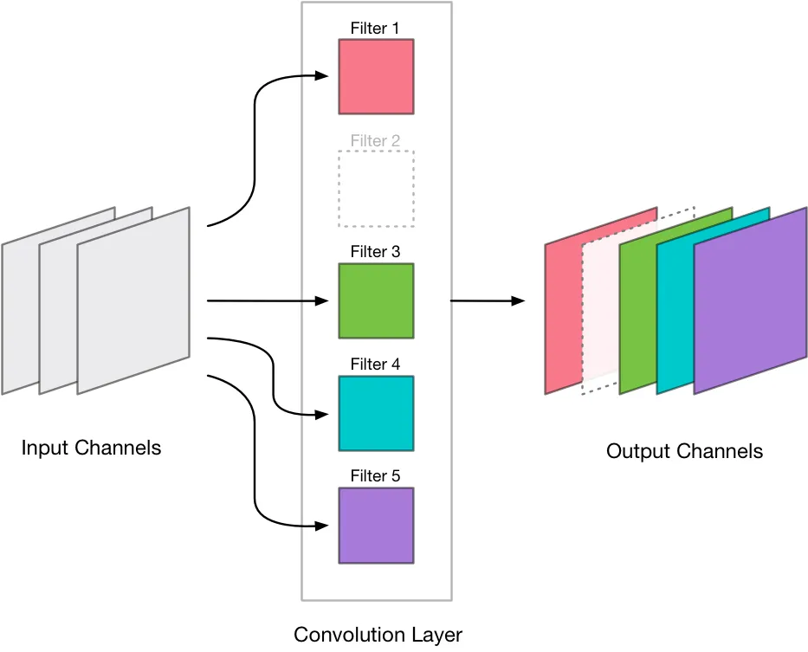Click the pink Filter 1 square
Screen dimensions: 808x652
click(x=376, y=76)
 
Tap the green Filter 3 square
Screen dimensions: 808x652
click(x=376, y=301)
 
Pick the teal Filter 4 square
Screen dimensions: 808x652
click(x=376, y=413)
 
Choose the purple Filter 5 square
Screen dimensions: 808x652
click(x=376, y=526)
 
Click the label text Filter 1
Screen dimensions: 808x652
click(x=375, y=29)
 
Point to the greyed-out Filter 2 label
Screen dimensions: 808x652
click(x=375, y=141)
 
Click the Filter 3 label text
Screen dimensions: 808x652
click(x=375, y=251)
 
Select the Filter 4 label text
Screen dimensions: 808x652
click(x=375, y=365)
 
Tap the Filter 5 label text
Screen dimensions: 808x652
click(x=375, y=475)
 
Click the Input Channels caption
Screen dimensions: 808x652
click(x=91, y=448)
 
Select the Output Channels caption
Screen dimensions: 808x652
click(x=684, y=451)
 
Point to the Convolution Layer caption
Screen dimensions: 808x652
click(x=378, y=635)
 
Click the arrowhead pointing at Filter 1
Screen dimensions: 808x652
click(x=322, y=76)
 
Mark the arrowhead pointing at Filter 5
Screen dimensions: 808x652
click(x=322, y=526)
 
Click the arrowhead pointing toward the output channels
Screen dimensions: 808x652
click(x=518, y=300)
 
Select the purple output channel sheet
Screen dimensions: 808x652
click(x=750, y=300)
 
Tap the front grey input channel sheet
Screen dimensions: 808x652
click(x=133, y=300)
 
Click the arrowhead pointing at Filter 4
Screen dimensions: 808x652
click(x=322, y=415)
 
